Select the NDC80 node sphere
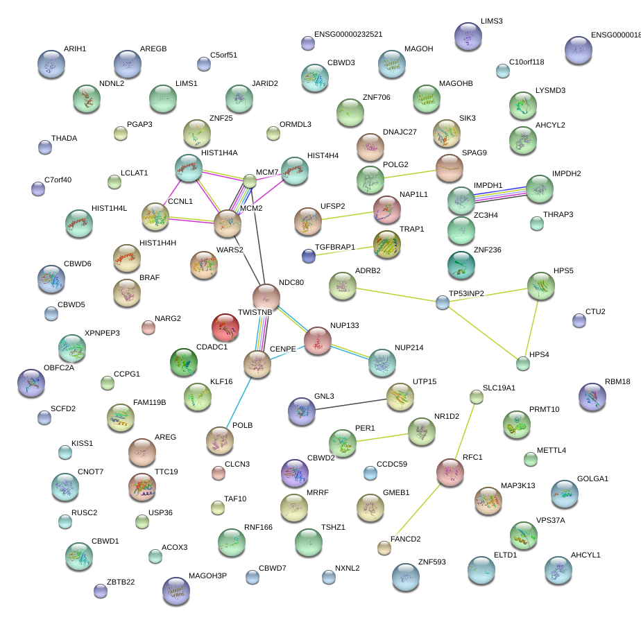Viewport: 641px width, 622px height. pyautogui.click(x=266, y=296)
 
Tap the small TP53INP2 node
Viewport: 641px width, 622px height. pyautogui.click(x=443, y=302)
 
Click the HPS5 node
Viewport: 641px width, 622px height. pyautogui.click(x=540, y=286)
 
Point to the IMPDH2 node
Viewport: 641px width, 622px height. pyautogui.click(x=539, y=189)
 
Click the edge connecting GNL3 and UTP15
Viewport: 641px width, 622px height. pyautogui.click(x=350, y=404)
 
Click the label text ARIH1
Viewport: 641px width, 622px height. pyautogui.click(x=75, y=49)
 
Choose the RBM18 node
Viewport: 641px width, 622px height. pyautogui.click(x=592, y=397)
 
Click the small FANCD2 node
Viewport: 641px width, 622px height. pyautogui.click(x=384, y=548)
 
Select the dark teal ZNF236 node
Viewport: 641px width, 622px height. pyautogui.click(x=461, y=264)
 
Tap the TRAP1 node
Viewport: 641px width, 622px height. pyautogui.click(x=386, y=244)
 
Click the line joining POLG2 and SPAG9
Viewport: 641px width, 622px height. pyautogui.click(x=409, y=173)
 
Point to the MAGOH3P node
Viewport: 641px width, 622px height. pyautogui.click(x=176, y=591)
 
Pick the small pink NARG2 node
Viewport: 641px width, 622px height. pyautogui.click(x=148, y=327)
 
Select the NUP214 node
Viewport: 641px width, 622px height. pyautogui.click(x=382, y=363)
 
